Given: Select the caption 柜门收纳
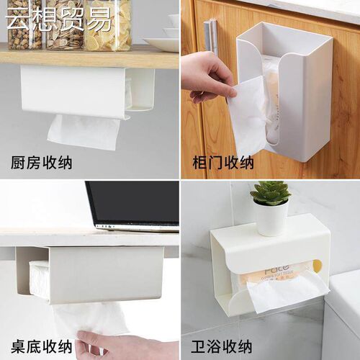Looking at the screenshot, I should coord(223,163).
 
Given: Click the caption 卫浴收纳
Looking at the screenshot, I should coord(223,343).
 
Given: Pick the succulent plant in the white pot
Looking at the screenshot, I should coord(271,192).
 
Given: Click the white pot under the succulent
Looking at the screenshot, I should coord(271,218).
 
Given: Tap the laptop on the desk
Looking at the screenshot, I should coord(133,205).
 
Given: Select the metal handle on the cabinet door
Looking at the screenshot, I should coord(210,42).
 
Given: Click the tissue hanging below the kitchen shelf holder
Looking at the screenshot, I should coord(83,131).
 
